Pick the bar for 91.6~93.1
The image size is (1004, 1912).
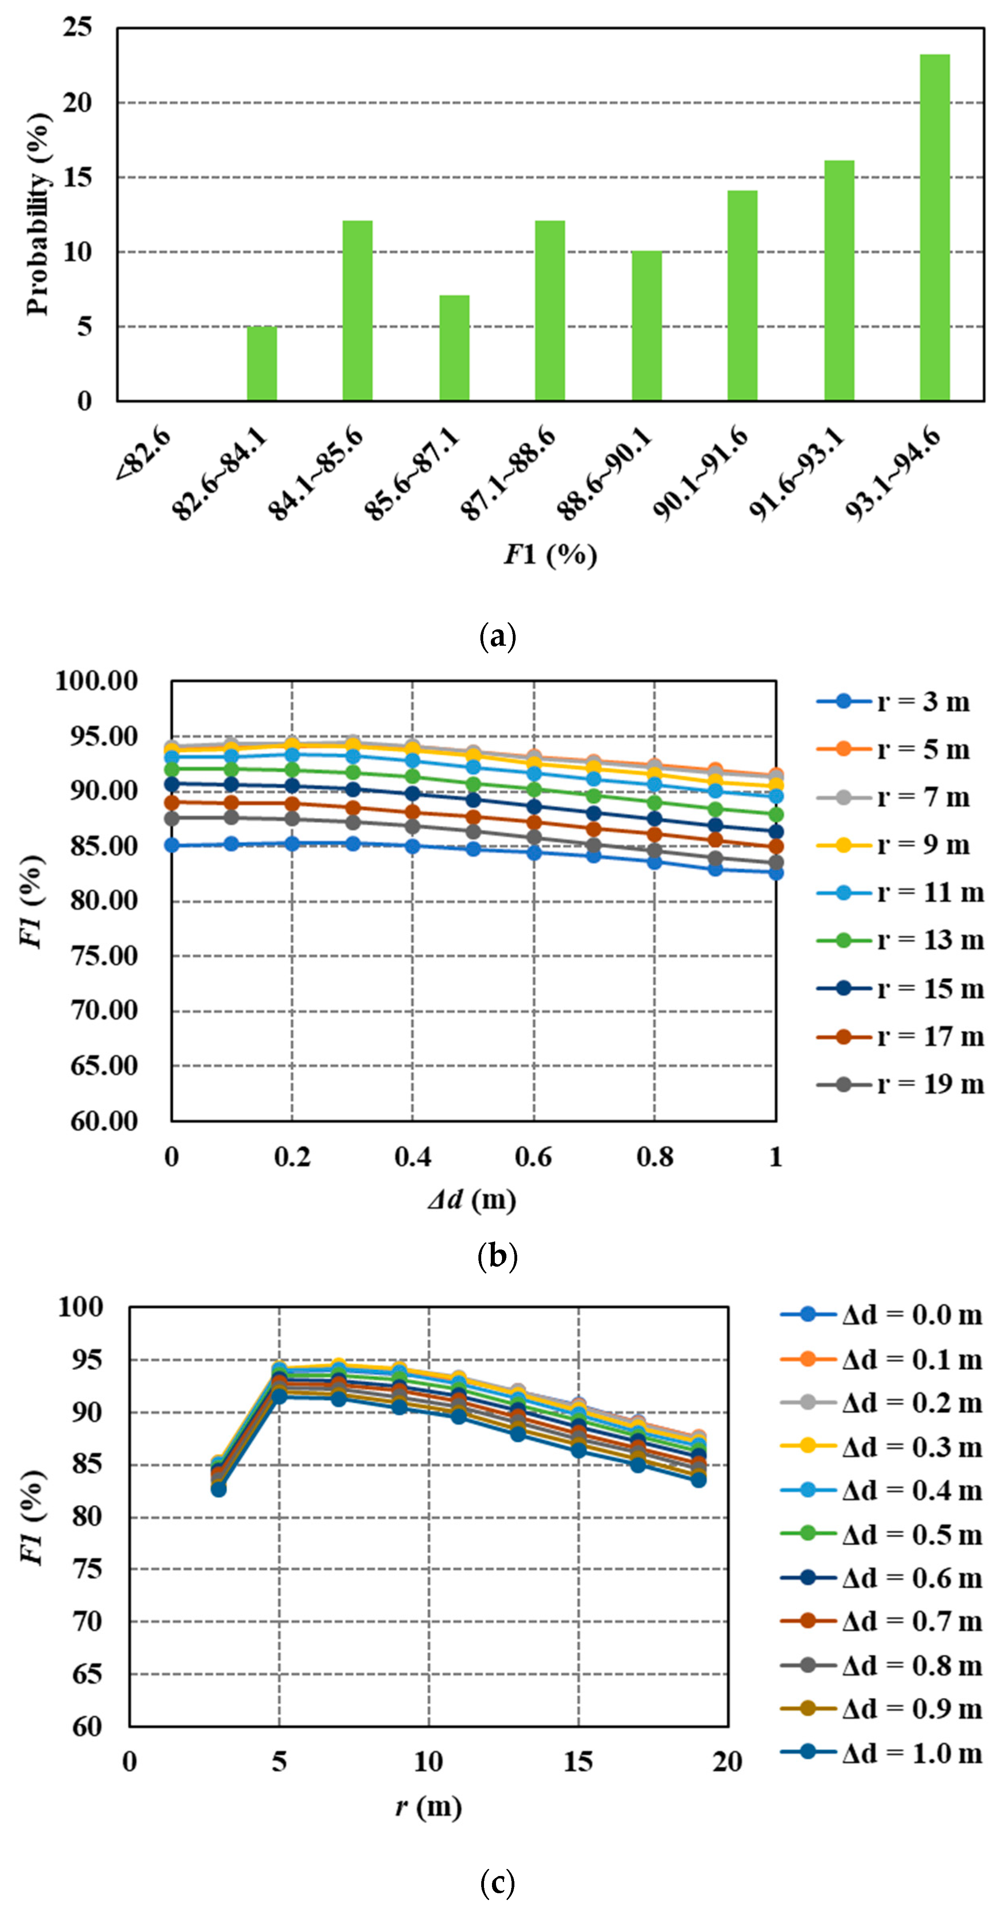(x=838, y=280)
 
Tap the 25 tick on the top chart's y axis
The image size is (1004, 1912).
(x=77, y=28)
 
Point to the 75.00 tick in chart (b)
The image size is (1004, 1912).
(x=105, y=956)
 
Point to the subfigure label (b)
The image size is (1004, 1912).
(x=497, y=1257)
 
